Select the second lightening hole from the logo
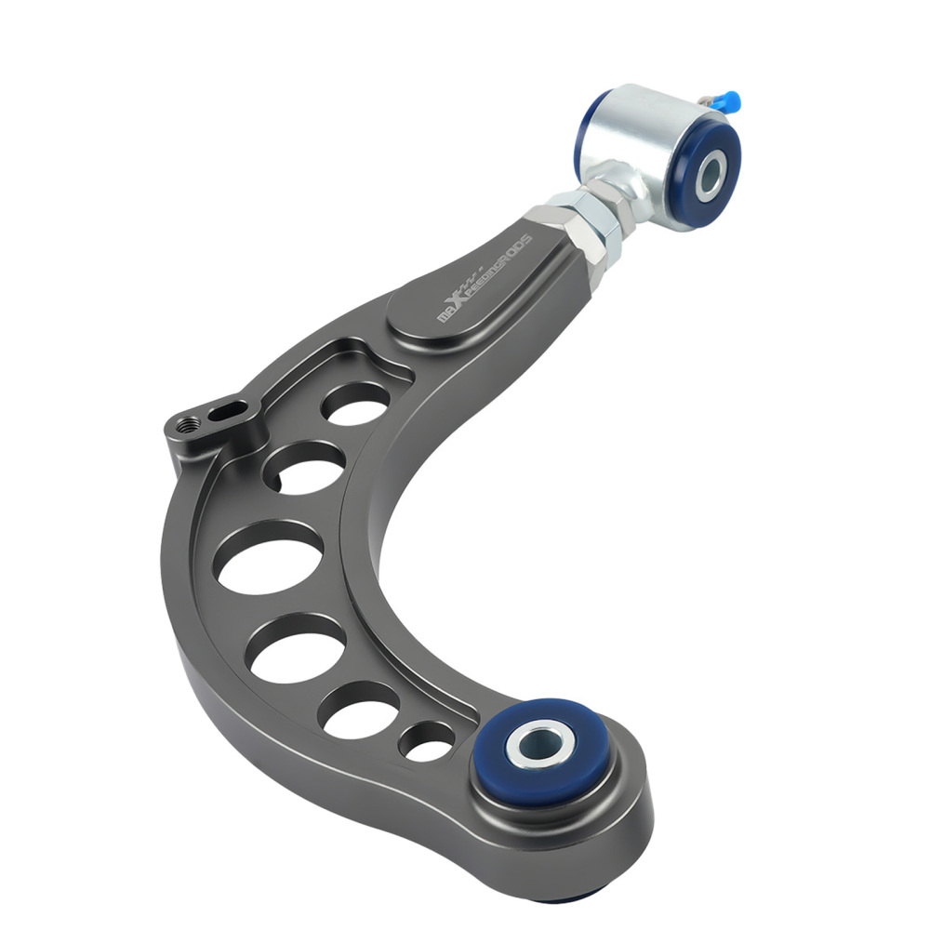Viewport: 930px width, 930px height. [x=305, y=465]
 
